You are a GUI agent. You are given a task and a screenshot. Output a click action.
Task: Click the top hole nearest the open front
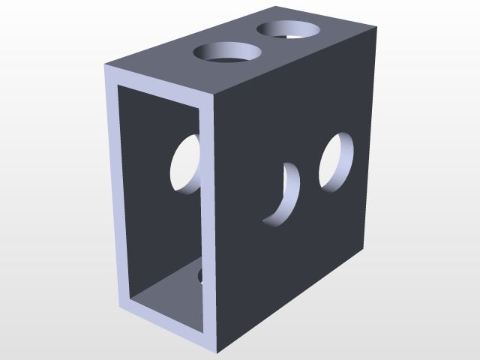pos(228,54)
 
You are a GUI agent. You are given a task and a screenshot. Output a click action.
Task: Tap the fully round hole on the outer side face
pos(337,161)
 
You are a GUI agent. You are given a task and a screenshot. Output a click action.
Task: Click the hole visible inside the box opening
pos(186,163)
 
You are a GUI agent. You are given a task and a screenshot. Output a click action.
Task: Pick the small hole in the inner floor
pos(200,277)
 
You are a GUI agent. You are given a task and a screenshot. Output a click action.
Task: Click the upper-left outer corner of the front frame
pos(103,67)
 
